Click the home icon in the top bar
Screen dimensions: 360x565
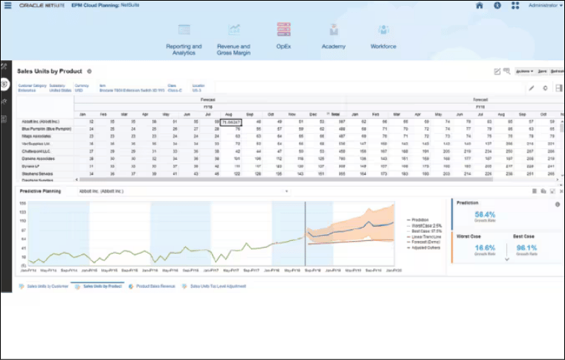tap(479, 5)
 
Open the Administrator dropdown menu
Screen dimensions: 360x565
tap(545, 5)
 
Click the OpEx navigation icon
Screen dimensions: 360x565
tap(283, 30)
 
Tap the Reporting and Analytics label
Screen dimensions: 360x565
tap(184, 49)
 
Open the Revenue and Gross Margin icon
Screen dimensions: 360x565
tap(233, 30)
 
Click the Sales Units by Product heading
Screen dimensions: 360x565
tap(49, 71)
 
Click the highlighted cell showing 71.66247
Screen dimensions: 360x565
tap(230, 121)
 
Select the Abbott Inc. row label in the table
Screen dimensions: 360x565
tap(36, 121)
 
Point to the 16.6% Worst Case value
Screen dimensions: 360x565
tap(485, 248)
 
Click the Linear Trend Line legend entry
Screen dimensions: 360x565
tap(425, 237)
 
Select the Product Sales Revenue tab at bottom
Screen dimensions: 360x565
tap(155, 286)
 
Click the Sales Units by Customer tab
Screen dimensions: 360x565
tap(46, 286)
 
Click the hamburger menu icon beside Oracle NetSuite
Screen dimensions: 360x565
tap(7, 5)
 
